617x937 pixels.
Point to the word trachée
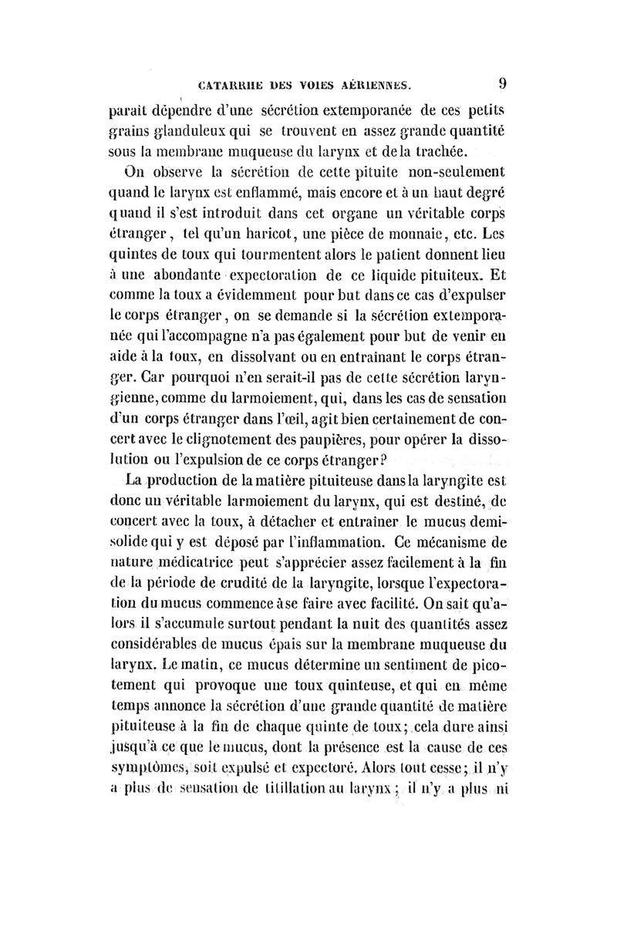[x=437, y=149]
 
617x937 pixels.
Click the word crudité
[x=244, y=572]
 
